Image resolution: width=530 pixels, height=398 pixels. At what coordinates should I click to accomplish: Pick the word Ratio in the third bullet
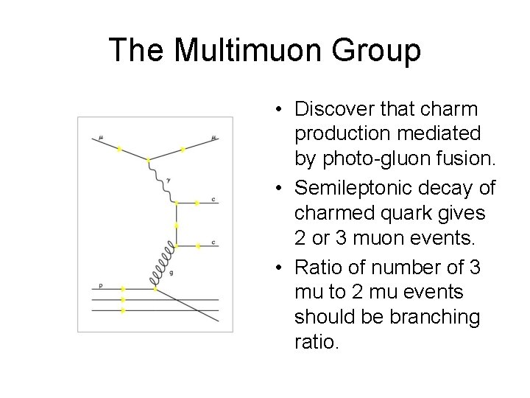(x=317, y=269)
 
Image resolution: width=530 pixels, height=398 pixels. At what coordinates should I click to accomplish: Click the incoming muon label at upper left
(x=101, y=137)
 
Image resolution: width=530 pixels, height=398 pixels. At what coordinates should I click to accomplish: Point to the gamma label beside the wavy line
(x=169, y=179)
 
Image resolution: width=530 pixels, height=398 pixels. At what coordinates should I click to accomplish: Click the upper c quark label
(x=213, y=200)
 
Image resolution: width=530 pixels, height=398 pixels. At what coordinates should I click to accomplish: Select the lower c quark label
(x=213, y=242)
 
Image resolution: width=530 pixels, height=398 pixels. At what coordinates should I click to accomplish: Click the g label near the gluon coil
(x=172, y=273)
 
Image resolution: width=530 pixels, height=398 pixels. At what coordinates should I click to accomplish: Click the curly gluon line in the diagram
(x=164, y=265)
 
